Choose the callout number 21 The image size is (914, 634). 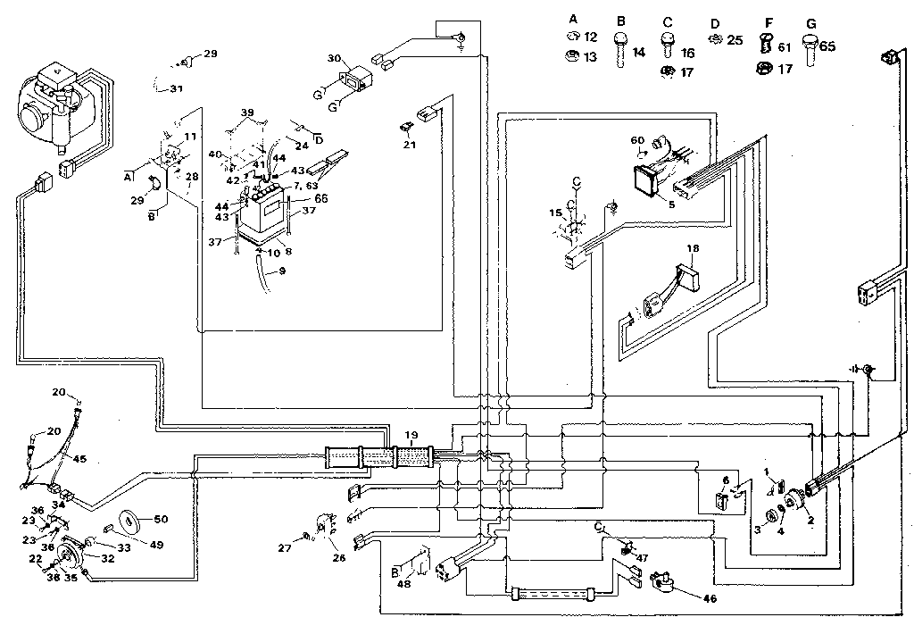409,144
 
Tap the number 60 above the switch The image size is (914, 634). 637,140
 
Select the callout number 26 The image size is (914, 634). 337,560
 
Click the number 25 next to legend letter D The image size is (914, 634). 735,40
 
